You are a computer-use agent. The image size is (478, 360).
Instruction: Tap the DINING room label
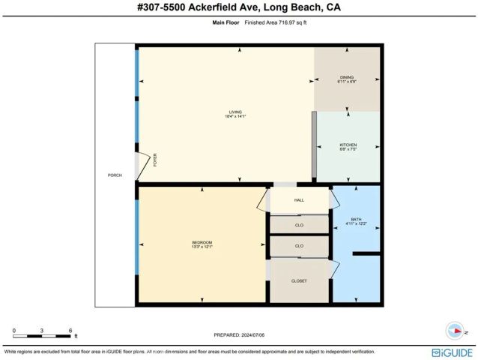coord(346,76)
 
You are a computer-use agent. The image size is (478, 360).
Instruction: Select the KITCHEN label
coord(347,145)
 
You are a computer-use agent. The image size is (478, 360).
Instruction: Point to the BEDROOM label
coord(202,241)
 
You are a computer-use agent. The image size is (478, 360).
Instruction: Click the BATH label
coord(356,219)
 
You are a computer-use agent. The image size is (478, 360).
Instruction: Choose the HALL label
coord(299,200)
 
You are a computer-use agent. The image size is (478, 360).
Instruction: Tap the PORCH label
coord(115,175)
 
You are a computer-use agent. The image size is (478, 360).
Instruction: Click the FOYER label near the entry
coord(155,159)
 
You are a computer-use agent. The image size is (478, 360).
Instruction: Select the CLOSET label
coord(299,280)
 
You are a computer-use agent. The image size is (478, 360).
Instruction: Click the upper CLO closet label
coord(299,224)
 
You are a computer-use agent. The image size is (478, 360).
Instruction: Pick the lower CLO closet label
coord(299,246)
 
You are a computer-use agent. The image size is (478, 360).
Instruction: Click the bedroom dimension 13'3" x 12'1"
coord(202,247)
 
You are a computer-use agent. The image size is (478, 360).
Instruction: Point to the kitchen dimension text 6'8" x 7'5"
coord(347,150)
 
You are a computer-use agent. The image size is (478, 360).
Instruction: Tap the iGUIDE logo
coord(452,352)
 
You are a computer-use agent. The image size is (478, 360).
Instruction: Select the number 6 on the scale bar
coord(70,330)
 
